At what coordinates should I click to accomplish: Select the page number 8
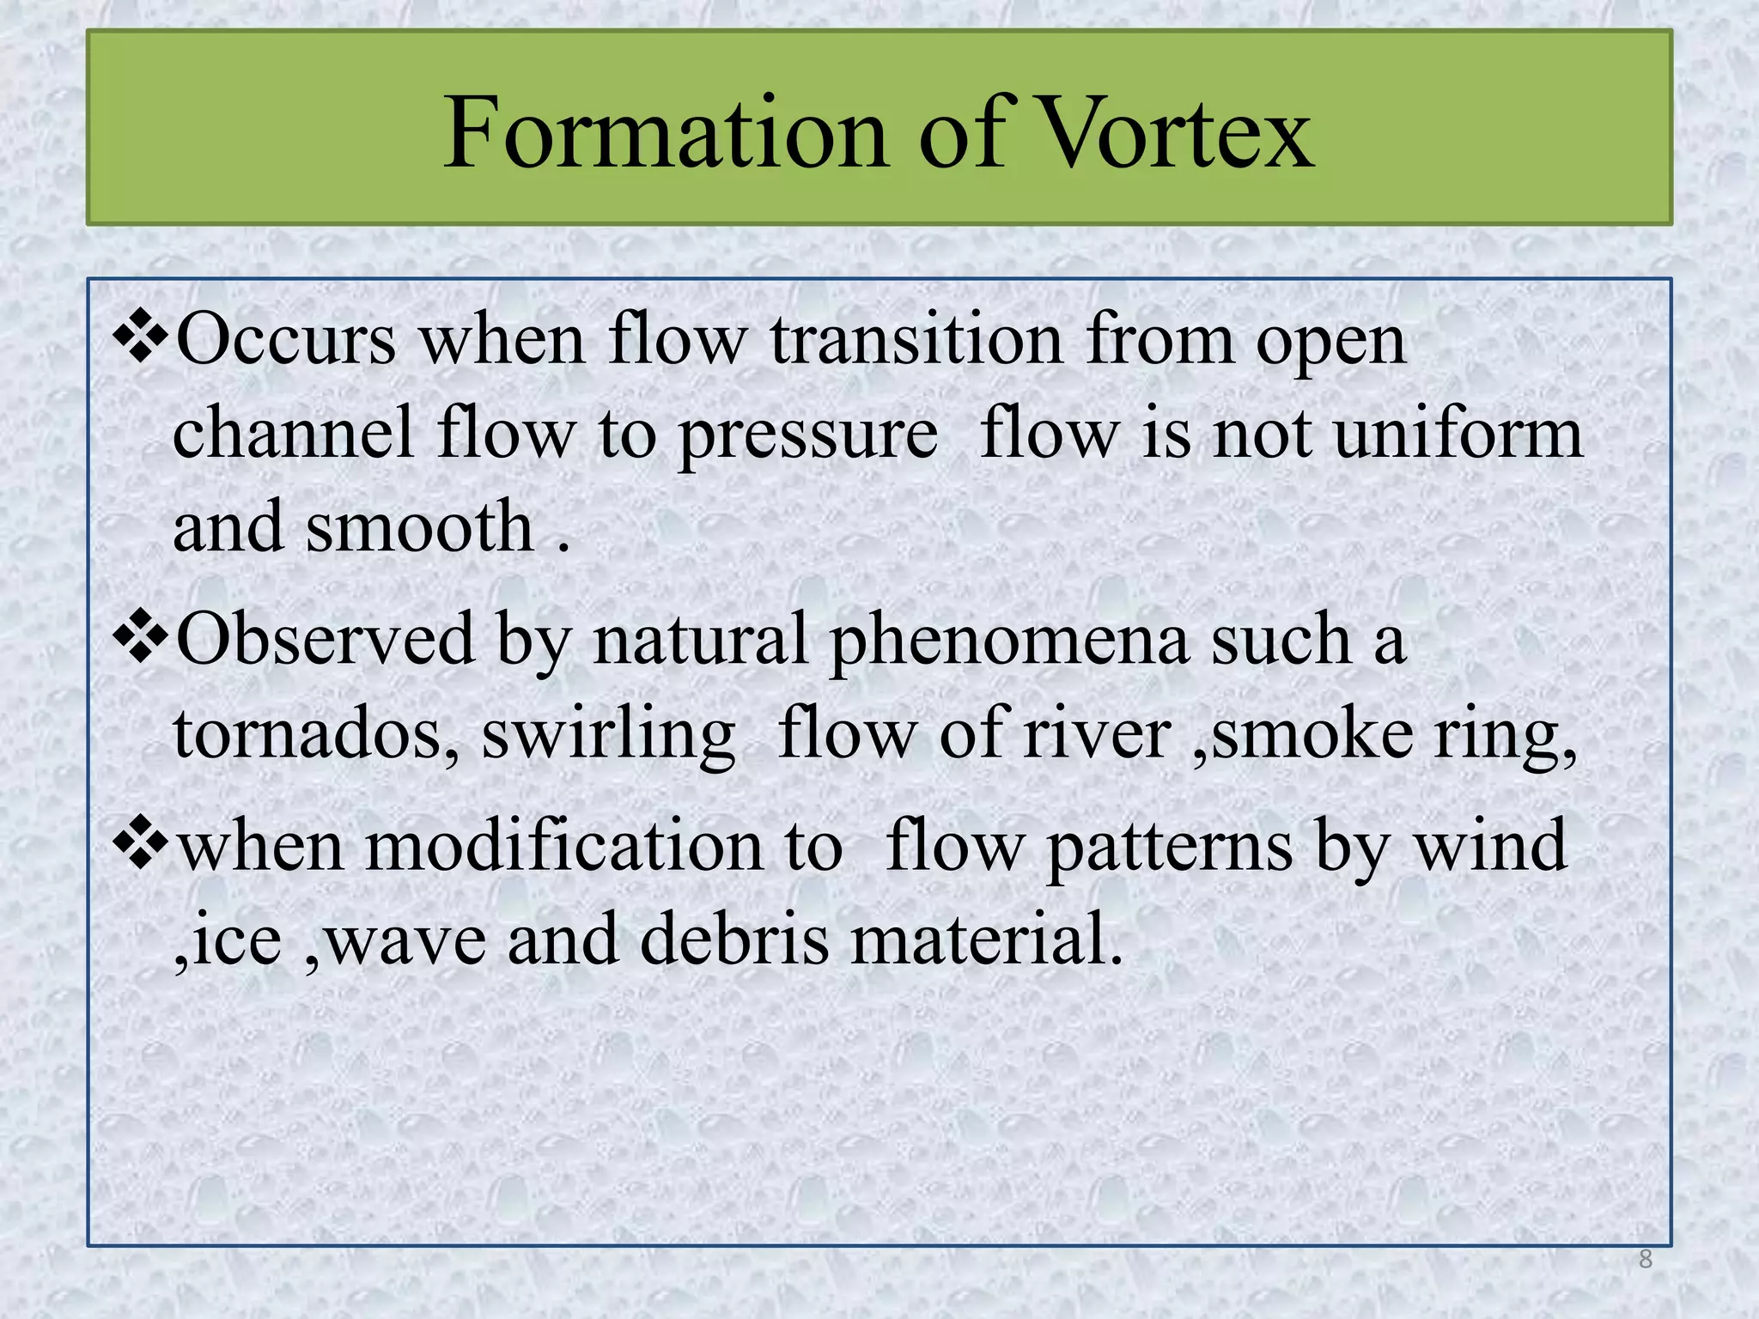pos(1645,1260)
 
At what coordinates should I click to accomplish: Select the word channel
pos(294,433)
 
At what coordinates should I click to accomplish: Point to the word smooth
pos(421,526)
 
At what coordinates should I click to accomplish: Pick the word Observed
pos(326,641)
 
